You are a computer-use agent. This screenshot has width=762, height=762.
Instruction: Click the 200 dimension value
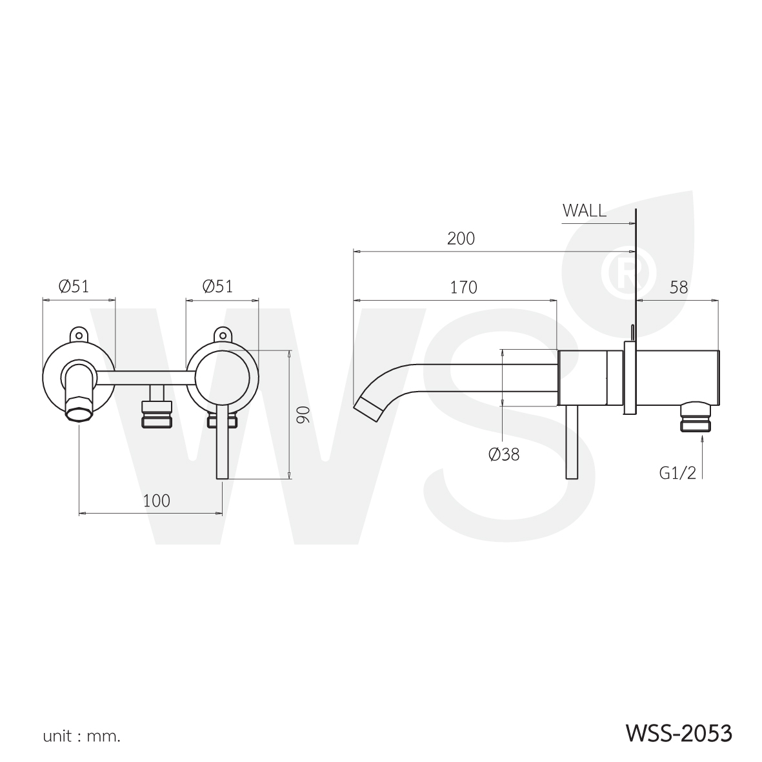coord(461,239)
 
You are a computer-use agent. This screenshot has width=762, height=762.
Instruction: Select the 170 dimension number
coord(463,288)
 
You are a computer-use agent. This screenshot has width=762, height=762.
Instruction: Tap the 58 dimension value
coord(678,288)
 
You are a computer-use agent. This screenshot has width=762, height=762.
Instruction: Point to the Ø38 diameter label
coord(504,454)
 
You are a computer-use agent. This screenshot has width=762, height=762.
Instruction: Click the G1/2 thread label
coord(677,472)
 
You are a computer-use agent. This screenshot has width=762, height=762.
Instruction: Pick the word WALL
coord(584,210)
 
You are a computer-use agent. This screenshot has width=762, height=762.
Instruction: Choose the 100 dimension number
coord(157,501)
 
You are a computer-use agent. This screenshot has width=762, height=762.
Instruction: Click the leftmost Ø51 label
coord(74,286)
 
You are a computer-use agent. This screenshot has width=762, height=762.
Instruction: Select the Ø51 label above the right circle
coord(217,286)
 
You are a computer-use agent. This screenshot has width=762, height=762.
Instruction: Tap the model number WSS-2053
coord(678,734)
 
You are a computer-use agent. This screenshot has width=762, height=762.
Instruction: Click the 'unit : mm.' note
coord(82,737)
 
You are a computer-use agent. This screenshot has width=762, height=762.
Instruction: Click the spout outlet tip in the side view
coord(368,408)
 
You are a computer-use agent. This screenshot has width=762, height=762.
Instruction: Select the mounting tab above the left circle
coord(79,334)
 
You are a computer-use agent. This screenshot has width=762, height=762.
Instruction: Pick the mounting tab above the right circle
coord(222,334)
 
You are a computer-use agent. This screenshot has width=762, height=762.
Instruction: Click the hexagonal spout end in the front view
coord(80,409)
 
